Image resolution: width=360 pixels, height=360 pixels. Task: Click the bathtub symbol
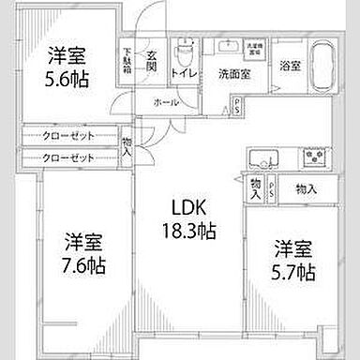(316, 66)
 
